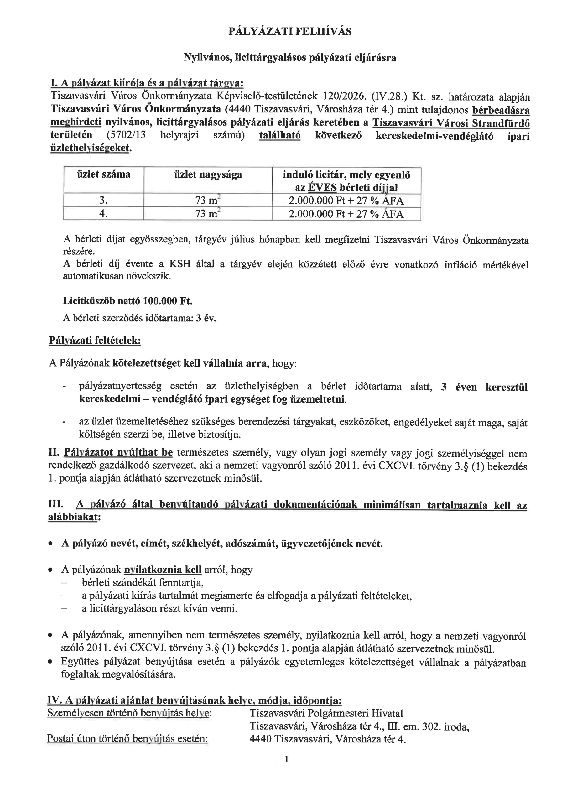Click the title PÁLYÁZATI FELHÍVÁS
point(290,32)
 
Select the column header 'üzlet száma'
point(103,174)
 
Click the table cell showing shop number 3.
point(103,200)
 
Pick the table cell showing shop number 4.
point(103,213)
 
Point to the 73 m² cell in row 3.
point(207,201)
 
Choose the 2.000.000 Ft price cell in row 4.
point(346,214)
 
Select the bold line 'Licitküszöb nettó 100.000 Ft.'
point(127,301)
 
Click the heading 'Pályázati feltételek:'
point(95,341)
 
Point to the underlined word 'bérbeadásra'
point(500,110)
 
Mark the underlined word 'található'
point(279,135)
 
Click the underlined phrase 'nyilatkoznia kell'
point(163,570)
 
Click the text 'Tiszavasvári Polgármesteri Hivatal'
point(326,713)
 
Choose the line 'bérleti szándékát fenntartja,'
point(143,582)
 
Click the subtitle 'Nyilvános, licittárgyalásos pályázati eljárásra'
point(290,58)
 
